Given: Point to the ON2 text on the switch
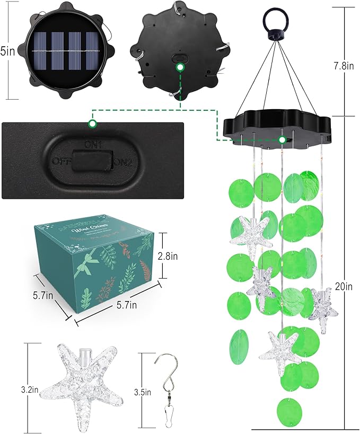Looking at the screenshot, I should point(122,161).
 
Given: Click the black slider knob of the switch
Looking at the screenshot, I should point(93,160).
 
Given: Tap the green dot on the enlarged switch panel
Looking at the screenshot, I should point(92,124).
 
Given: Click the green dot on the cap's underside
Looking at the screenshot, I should point(180,68).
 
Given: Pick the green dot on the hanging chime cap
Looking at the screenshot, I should point(283,140).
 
